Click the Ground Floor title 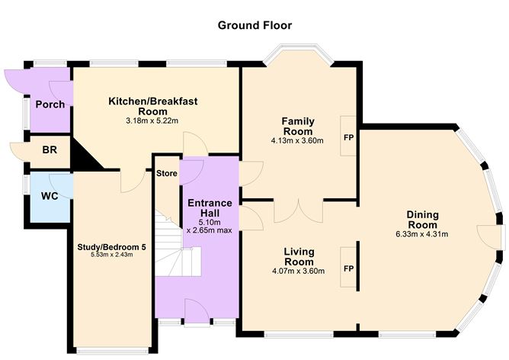254,25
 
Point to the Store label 166,172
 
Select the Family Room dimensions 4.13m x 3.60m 298,140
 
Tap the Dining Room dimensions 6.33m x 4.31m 421,233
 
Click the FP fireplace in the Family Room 348,137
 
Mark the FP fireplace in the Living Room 348,268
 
